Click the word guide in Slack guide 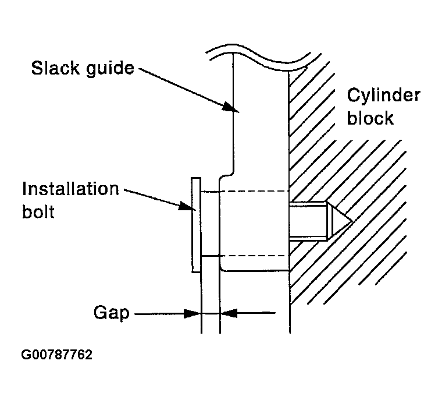(109, 70)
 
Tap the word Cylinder (383, 96)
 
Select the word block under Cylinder (370, 118)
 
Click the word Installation (70, 189)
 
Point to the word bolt (38, 212)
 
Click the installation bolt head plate (195, 224)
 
